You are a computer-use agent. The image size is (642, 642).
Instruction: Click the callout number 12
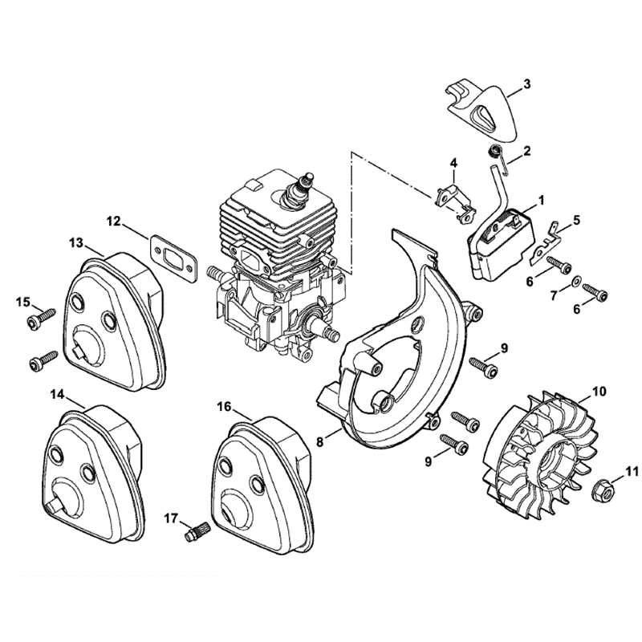click(113, 219)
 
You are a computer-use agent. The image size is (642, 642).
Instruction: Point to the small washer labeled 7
click(576, 283)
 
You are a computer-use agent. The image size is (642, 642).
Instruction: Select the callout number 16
click(224, 406)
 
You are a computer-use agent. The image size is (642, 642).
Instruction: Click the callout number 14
click(57, 393)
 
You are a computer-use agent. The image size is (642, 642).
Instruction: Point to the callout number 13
click(75, 242)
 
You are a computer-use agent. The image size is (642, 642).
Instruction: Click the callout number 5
click(576, 218)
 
